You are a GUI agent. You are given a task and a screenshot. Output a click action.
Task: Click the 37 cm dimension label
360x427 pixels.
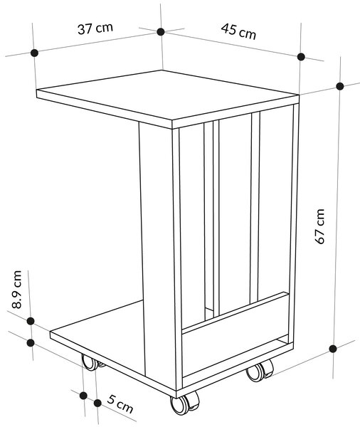coord(95,28)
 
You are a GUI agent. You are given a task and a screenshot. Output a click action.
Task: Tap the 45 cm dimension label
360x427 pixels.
coord(238,31)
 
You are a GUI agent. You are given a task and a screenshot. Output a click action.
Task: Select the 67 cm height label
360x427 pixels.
coord(319,226)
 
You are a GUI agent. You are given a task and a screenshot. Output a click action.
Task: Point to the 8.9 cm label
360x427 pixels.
coord(16,289)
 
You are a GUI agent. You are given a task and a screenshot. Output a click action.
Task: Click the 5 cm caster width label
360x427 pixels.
coord(120,404)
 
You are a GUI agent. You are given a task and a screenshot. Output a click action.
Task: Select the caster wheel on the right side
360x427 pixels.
coord(260,370)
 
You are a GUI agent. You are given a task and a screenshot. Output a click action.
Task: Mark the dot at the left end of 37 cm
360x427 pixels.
coord(34,53)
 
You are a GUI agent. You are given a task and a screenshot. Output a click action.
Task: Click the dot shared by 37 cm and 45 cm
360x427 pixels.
coord(161,32)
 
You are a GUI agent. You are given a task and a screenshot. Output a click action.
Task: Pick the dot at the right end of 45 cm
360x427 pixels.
coord(301,57)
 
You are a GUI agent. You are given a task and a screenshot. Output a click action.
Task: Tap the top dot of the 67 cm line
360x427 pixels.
coord(340,86)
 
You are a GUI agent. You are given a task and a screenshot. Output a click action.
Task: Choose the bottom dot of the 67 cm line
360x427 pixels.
coord(332,349)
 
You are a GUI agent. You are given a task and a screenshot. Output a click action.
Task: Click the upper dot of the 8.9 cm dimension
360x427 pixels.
coord(31,321)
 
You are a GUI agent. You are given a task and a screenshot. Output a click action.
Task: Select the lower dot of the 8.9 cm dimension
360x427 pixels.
coord(31,343)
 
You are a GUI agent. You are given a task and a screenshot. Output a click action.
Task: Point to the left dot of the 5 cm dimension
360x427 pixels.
coord(84,396)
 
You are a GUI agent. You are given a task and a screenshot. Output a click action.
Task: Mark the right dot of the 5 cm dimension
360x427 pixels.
coord(97,403)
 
